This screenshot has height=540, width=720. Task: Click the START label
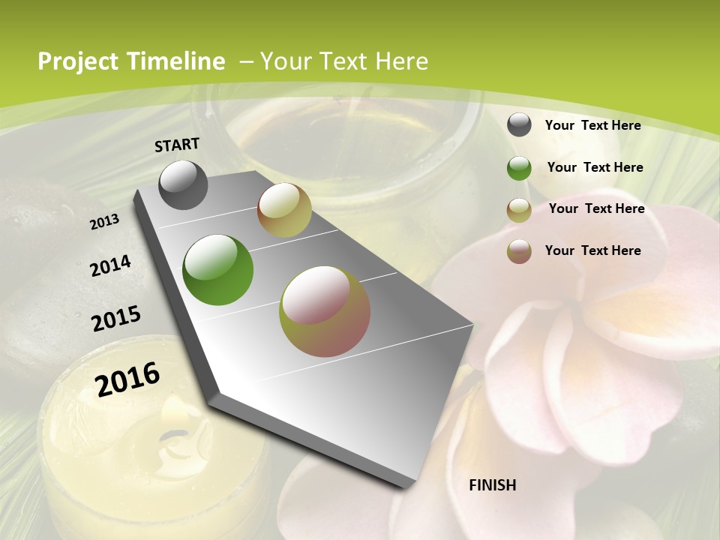177,145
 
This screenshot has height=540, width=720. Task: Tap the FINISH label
492,485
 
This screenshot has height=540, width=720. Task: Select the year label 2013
104,222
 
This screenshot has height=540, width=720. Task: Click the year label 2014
110,266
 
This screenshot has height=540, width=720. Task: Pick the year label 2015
116,319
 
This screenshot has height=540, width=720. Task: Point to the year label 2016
127,379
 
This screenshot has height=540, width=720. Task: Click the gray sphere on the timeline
183,184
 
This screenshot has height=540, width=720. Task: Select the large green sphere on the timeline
217,270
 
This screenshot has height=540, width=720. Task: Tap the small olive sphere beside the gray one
284,210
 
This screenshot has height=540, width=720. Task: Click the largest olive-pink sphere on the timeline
325,311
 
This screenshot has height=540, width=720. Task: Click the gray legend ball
519,125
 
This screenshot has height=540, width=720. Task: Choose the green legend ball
519,168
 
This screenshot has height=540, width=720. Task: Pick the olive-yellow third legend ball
519,210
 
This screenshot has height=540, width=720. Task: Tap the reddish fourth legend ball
519,251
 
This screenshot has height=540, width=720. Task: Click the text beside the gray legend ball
592,125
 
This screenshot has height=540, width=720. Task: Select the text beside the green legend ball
595,167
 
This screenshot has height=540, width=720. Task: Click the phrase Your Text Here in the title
344,61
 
